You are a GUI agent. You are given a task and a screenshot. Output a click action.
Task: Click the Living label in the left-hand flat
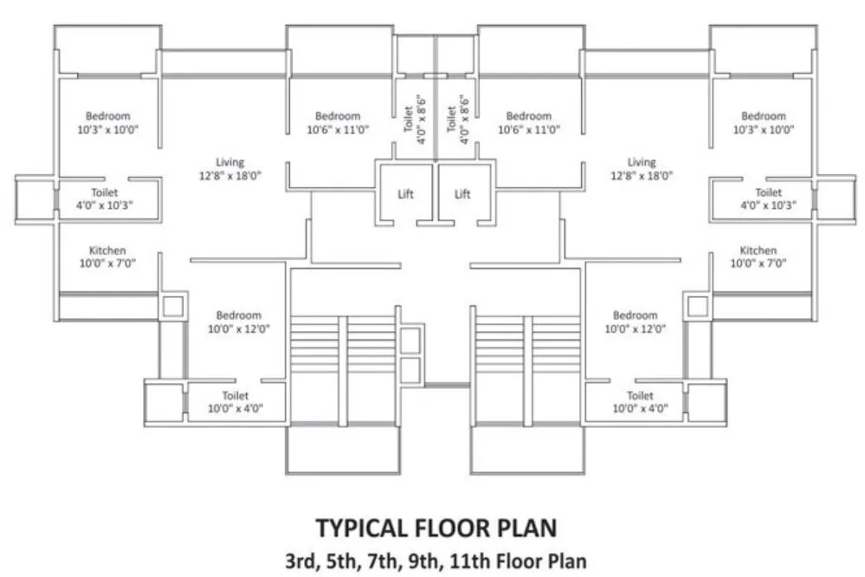pyautogui.click(x=230, y=162)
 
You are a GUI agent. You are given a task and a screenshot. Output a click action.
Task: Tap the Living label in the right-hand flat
pyautogui.click(x=642, y=162)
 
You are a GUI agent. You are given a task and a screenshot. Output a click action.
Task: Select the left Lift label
pyautogui.click(x=405, y=194)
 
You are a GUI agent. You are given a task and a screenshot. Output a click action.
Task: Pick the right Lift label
pyautogui.click(x=463, y=194)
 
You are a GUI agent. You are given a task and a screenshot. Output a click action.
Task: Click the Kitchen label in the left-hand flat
pyautogui.click(x=107, y=250)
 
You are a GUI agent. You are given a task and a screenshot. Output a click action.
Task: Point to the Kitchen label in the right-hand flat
pyautogui.click(x=758, y=250)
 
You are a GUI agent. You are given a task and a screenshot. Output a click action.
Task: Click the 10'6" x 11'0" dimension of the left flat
pyautogui.click(x=338, y=130)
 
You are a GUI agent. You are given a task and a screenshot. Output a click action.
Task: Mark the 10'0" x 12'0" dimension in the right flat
pyautogui.click(x=635, y=329)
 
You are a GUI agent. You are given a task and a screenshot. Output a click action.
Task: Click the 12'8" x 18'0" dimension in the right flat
pyautogui.click(x=642, y=175)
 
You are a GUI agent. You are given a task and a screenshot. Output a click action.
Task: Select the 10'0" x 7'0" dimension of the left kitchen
pyautogui.click(x=107, y=263)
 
